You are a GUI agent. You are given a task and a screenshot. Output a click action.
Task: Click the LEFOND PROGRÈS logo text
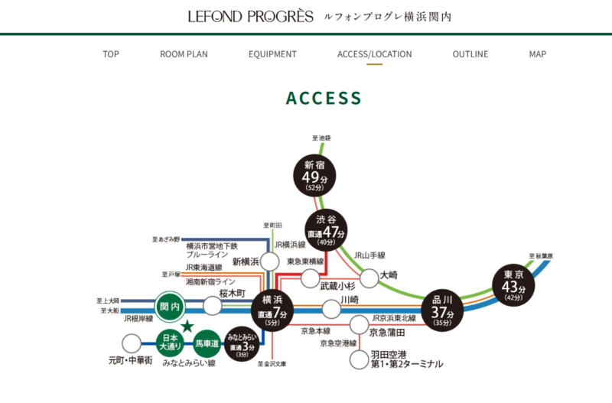tap(250, 16)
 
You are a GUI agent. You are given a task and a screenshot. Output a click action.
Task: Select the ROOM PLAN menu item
tap(184, 54)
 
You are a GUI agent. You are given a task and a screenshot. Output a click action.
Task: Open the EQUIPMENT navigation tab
tap(272, 54)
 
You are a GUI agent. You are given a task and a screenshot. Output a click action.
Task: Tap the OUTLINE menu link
tap(470, 54)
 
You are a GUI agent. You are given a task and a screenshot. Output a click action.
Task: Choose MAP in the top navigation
tap(538, 54)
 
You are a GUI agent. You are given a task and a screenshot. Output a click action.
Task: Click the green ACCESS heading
tap(324, 98)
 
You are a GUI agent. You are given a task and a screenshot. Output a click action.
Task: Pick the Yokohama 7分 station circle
tap(272, 310)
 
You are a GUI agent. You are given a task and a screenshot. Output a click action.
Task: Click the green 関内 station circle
tap(171, 307)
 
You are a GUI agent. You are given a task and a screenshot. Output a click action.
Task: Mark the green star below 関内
tap(186, 327)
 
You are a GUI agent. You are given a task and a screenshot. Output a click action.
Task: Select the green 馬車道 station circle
tap(207, 344)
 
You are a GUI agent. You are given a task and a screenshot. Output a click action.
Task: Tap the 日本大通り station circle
tap(169, 342)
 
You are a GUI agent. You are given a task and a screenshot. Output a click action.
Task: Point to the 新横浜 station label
tap(246, 262)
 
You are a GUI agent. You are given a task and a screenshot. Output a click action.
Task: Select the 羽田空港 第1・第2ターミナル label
tap(405, 359)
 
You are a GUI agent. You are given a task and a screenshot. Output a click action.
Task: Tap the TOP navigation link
tap(111, 54)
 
